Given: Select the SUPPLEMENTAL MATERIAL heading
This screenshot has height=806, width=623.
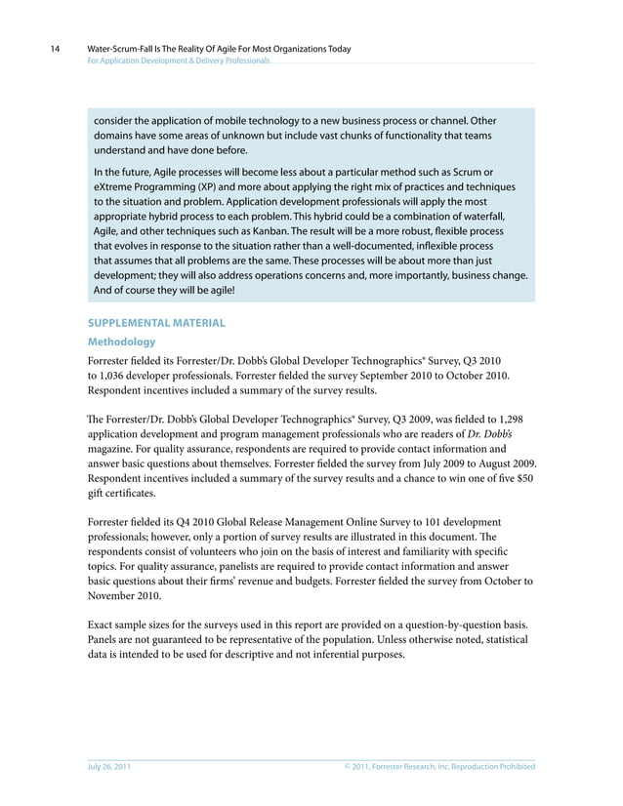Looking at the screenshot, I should click(156, 321).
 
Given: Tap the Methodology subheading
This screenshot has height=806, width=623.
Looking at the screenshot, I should click(121, 342).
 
